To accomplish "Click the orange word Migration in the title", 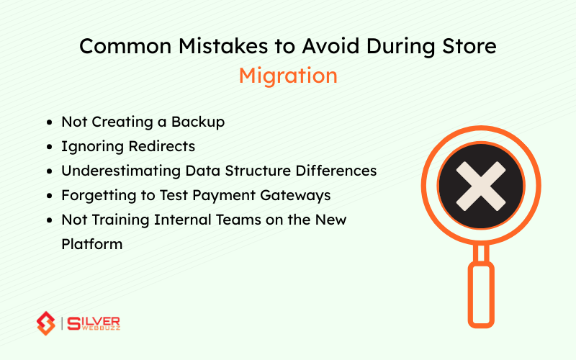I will pyautogui.click(x=288, y=76).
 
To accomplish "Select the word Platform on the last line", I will pyautogui.click(x=92, y=245).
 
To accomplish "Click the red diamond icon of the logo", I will pyautogui.click(x=46, y=323).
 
